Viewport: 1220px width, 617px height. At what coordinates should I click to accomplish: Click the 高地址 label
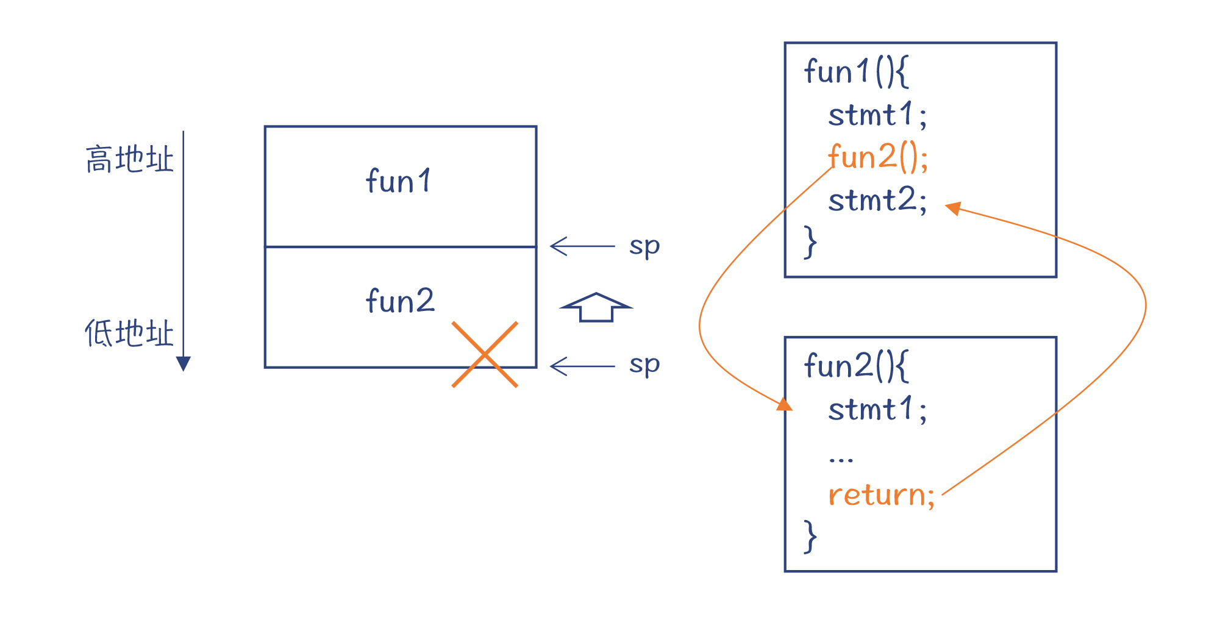pyautogui.click(x=129, y=160)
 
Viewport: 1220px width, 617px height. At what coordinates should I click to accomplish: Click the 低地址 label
pyautogui.click(x=129, y=333)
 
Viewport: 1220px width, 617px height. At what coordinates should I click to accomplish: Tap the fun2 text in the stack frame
pyautogui.click(x=400, y=301)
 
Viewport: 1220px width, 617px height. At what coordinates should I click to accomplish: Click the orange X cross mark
pyautogui.click(x=485, y=354)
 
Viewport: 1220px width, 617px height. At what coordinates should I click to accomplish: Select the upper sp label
pyautogui.click(x=644, y=246)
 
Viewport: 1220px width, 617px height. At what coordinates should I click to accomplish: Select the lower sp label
pyautogui.click(x=644, y=365)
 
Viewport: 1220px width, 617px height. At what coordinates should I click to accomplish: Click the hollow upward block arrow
pyautogui.click(x=596, y=307)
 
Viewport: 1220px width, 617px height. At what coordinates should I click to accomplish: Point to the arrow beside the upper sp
pyautogui.click(x=582, y=246)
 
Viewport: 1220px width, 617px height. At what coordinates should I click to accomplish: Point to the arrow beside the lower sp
pyautogui.click(x=582, y=366)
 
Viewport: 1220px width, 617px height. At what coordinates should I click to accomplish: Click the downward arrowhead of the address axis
pyautogui.click(x=184, y=363)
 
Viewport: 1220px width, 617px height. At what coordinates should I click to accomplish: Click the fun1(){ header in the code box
pyautogui.click(x=856, y=72)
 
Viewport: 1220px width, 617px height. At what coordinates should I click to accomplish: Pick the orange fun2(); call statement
pyautogui.click(x=878, y=157)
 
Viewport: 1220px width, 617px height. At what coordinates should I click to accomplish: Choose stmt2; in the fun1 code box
pyautogui.click(x=877, y=200)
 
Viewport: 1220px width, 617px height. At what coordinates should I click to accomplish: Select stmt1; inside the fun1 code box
pyautogui.click(x=877, y=115)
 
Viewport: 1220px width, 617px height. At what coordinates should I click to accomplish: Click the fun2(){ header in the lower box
pyautogui.click(x=856, y=366)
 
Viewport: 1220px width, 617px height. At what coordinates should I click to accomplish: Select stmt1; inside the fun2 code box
pyautogui.click(x=877, y=409)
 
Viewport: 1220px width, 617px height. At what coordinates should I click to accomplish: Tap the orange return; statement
pyautogui.click(x=881, y=494)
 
